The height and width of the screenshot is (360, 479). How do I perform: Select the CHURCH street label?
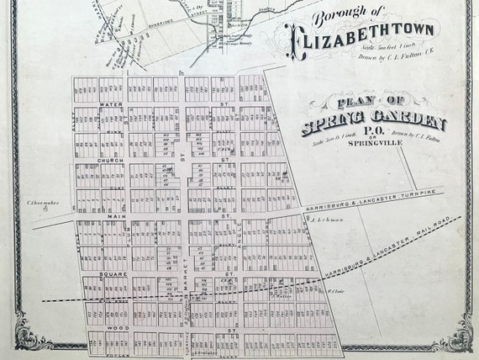coord(111,159)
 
